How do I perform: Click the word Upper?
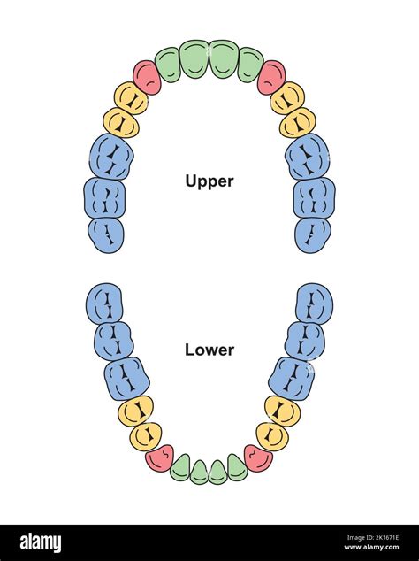point(209,181)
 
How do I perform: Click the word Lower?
point(209,350)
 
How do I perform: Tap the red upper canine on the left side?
point(147,78)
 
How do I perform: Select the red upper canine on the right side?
point(271,78)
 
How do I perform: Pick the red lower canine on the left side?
point(160,457)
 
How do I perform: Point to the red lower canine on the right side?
point(258,457)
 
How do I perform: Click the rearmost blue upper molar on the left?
point(106,234)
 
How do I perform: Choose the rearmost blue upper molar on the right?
point(313,234)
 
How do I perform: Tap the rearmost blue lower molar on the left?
point(104,304)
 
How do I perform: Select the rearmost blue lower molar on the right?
point(314,304)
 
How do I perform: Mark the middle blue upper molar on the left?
point(104,197)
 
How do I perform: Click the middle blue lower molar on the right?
point(305,341)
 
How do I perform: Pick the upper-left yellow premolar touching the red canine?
point(130,98)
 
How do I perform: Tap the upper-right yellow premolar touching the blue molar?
point(298,123)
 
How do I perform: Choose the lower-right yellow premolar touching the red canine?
point(272,435)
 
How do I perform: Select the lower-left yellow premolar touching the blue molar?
point(135,411)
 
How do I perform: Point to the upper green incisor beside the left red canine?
point(167,65)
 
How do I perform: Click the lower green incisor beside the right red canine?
point(237,467)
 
